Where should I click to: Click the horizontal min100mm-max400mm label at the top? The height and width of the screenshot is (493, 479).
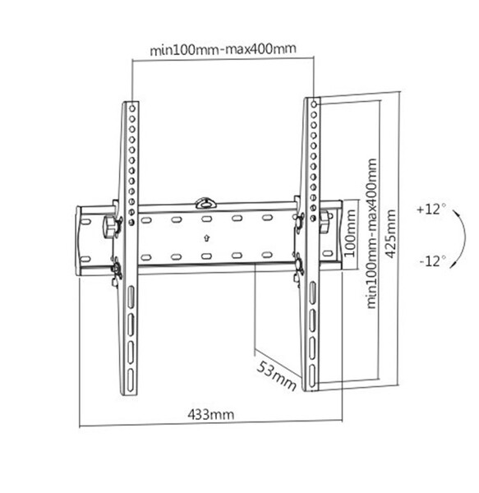click(223, 48)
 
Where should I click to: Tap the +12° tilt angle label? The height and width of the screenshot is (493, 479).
click(431, 210)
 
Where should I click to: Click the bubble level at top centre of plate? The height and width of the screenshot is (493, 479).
click(205, 201)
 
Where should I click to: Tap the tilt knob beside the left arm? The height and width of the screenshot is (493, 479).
click(108, 225)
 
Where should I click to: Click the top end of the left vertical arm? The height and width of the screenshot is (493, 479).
click(131, 107)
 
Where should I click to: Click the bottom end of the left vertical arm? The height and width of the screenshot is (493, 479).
click(132, 375)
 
